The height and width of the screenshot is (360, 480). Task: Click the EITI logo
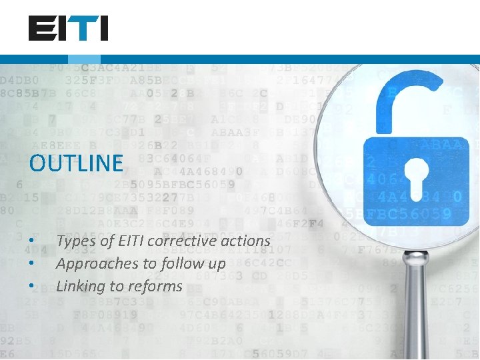click(68, 29)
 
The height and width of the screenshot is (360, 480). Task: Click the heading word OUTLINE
click(77, 163)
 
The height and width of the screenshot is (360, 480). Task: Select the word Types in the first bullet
click(75, 241)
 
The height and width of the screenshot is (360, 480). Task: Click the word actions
click(245, 241)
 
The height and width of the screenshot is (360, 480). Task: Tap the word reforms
click(156, 287)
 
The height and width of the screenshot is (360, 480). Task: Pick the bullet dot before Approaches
click(31, 264)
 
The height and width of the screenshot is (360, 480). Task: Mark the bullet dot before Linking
click(31, 287)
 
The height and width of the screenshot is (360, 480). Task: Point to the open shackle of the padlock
click(407, 100)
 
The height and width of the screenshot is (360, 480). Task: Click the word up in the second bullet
click(217, 264)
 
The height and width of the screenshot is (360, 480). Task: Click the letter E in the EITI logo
click(39, 29)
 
